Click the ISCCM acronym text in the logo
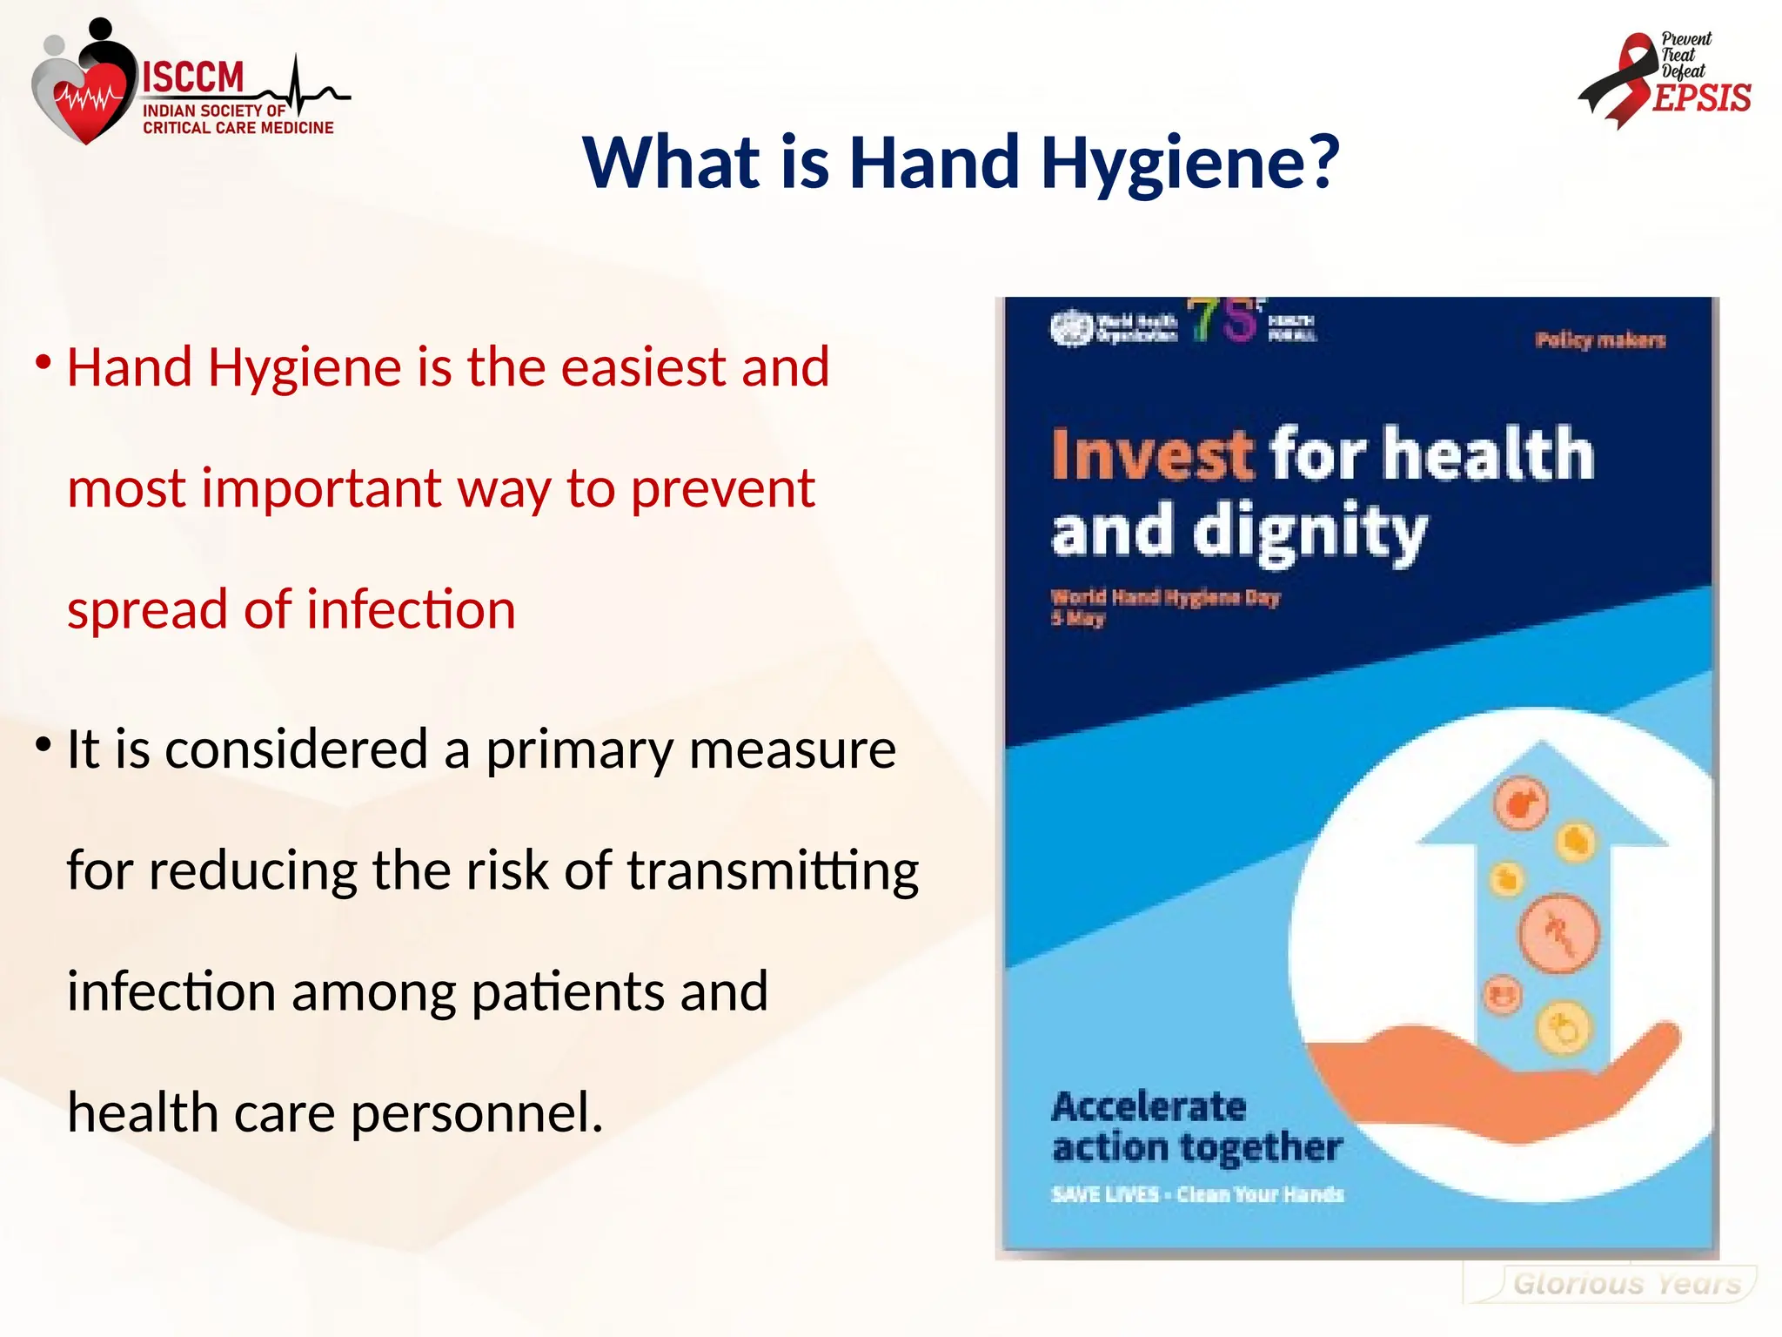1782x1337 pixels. pos(193,77)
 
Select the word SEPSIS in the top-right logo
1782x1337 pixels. pos(1701,98)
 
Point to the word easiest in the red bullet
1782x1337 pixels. pos(642,366)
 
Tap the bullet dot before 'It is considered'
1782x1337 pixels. pos(43,744)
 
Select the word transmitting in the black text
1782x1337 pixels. pos(773,870)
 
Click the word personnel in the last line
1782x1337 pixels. pos(474,1113)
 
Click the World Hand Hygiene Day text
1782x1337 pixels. pos(1165,598)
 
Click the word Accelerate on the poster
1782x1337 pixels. pos(1149,1107)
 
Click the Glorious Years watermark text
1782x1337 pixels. pos(1626,1284)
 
